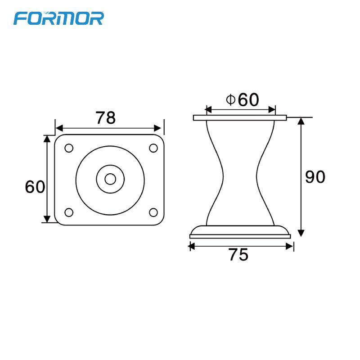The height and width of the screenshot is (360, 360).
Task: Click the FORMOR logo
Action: point(59,18)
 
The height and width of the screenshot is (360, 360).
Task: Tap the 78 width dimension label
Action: point(106,118)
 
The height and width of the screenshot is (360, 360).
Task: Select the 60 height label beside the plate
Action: point(35,186)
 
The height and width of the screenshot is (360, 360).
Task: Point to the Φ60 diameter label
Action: point(243,100)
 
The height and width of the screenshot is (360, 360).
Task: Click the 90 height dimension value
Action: point(315,177)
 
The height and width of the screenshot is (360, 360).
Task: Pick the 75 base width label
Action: point(238,255)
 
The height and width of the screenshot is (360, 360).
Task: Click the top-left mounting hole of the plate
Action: point(69,148)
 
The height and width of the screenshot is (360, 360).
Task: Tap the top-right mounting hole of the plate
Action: point(153,148)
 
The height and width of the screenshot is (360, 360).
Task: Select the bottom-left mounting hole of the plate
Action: point(69,212)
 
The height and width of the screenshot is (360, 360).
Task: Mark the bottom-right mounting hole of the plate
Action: point(153,212)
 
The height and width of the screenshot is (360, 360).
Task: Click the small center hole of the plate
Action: point(110,179)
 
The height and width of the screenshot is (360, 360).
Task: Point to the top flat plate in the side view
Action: point(240,118)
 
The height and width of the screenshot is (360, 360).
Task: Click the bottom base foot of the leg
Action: point(240,233)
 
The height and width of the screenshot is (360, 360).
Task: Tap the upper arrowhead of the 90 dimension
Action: point(301,121)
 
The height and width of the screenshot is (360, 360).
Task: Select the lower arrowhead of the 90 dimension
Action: point(301,233)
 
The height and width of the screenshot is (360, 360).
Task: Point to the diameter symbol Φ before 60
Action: point(230,99)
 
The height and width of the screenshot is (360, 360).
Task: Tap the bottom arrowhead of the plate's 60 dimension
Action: point(47,219)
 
